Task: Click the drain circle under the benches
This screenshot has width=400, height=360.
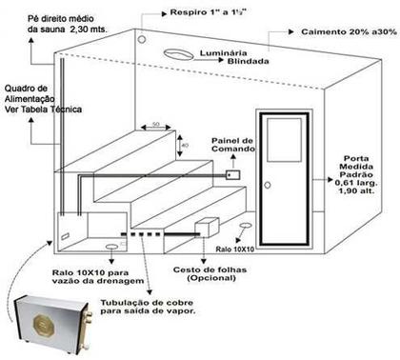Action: [x=111, y=246]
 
